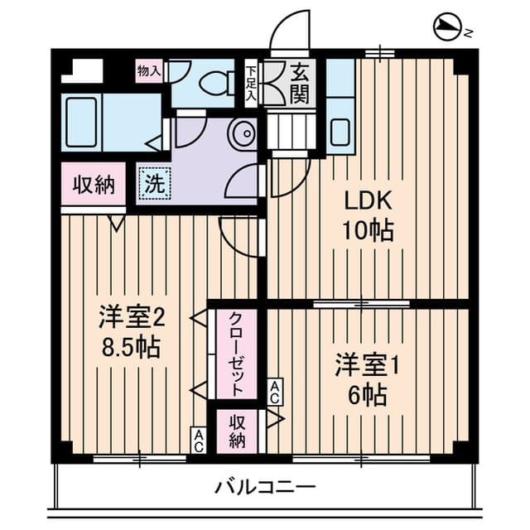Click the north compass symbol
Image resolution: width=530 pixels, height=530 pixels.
[448, 29]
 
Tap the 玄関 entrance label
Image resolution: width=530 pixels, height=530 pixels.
[299, 84]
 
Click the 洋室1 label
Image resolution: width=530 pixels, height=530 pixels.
[367, 364]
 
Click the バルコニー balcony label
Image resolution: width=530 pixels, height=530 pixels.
[265, 486]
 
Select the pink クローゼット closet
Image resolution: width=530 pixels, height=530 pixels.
[236, 354]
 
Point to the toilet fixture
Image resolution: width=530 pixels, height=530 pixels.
[218, 82]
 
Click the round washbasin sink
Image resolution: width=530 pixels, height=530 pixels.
[243, 132]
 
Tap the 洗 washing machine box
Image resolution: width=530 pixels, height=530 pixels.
[154, 184]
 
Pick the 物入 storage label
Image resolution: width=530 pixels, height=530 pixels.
[148, 71]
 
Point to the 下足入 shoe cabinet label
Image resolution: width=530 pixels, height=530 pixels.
[250, 83]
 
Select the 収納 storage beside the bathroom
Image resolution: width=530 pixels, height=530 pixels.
[92, 185]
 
